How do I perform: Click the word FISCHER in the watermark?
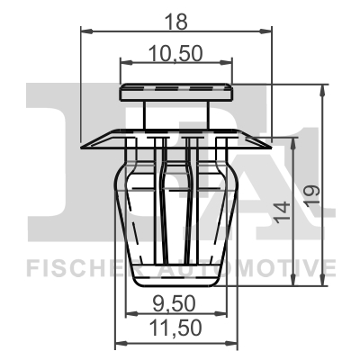[76, 267]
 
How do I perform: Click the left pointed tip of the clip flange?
[82, 144]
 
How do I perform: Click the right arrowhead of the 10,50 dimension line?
[233, 63]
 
